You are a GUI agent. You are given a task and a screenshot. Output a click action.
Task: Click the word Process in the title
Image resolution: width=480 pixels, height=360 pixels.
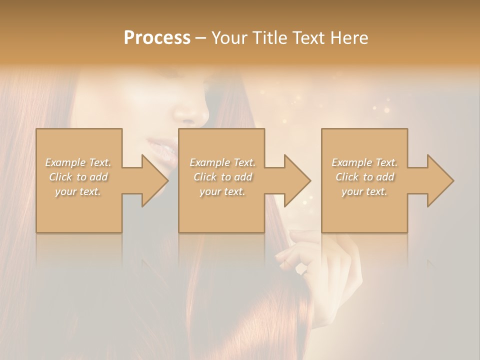pos(157,38)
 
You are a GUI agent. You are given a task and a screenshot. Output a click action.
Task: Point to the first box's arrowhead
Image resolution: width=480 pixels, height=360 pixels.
pos(154,180)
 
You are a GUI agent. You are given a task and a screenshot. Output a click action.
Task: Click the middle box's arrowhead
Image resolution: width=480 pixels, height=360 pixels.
pos(297,180)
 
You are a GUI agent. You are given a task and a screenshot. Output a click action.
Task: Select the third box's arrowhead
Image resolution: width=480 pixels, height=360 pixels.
pos(440,180)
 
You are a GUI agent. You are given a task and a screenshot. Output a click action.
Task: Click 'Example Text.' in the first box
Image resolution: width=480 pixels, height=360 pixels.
pos(78,162)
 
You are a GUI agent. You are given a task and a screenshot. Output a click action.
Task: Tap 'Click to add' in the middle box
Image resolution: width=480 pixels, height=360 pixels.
pos(222,177)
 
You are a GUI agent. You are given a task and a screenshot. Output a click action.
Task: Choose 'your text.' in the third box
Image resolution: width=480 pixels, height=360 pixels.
pos(364,191)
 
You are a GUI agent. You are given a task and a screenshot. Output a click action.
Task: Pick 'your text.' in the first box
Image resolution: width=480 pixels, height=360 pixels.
pos(78,191)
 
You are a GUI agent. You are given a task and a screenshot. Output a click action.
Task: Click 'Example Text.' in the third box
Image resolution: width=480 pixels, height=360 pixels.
pos(364,162)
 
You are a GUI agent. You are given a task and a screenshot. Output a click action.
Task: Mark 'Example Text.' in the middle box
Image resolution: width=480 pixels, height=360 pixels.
pos(222,162)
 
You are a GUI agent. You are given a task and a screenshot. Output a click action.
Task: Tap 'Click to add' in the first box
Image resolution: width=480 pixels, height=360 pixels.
pos(78,177)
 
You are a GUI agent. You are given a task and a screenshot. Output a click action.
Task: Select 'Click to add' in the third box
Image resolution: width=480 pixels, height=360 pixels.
pos(364,177)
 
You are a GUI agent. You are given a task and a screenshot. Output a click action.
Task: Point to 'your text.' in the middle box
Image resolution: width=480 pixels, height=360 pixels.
pos(222,191)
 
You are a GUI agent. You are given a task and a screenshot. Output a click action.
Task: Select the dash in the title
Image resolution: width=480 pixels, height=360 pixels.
pos(201,38)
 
